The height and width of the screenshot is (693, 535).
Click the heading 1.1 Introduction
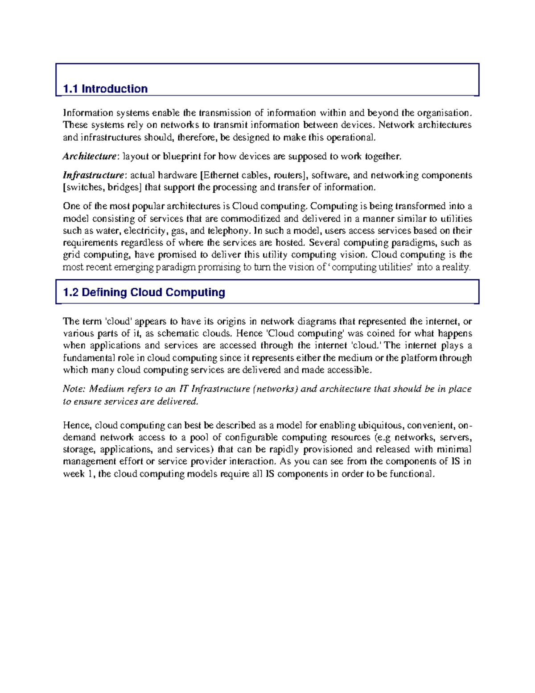pos(105,89)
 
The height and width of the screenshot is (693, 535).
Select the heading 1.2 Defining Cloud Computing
pos(144,292)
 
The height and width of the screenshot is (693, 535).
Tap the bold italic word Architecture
pos(89,156)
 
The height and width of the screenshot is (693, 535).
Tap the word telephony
pos(228,231)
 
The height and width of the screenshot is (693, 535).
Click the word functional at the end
pos(411,474)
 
